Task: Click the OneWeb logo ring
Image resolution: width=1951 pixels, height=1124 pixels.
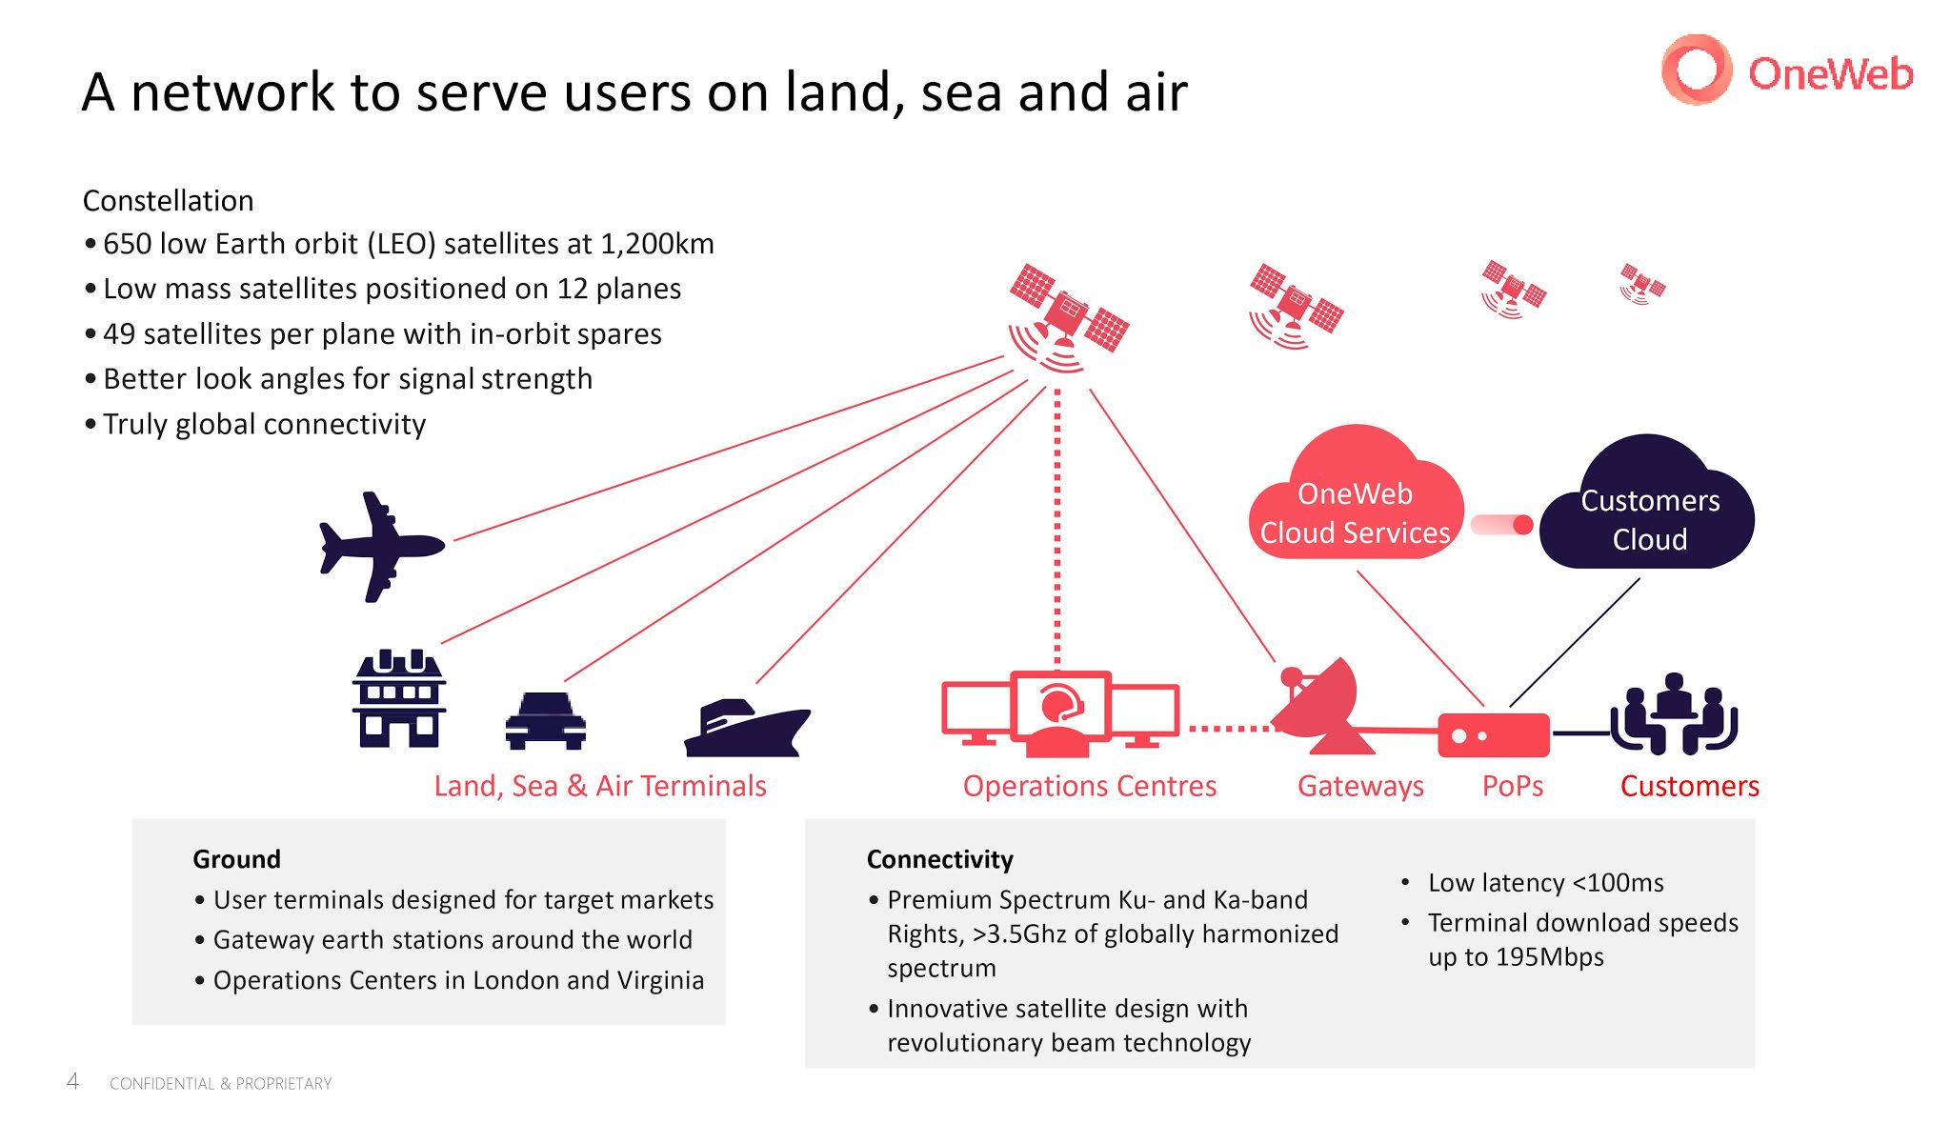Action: (x=1696, y=70)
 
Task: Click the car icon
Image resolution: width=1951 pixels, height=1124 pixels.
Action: (x=545, y=721)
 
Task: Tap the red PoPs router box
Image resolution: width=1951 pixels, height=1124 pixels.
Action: (x=1493, y=735)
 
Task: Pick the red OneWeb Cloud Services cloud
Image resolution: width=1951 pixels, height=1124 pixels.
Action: (x=1355, y=500)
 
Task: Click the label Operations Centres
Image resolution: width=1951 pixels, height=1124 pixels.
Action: (x=1089, y=786)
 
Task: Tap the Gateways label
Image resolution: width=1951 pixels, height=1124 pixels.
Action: (x=1360, y=786)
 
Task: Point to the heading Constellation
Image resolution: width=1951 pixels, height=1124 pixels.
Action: (x=169, y=201)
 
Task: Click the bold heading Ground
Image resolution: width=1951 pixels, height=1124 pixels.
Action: (x=236, y=859)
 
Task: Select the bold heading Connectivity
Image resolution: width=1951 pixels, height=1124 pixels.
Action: (x=939, y=859)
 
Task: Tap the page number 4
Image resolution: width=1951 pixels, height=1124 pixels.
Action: (x=72, y=1081)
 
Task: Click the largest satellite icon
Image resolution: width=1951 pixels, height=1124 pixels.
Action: (x=1069, y=315)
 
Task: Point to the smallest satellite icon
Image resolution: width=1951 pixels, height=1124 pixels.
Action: (x=1641, y=284)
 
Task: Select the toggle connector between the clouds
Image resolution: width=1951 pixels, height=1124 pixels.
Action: (x=1501, y=525)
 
